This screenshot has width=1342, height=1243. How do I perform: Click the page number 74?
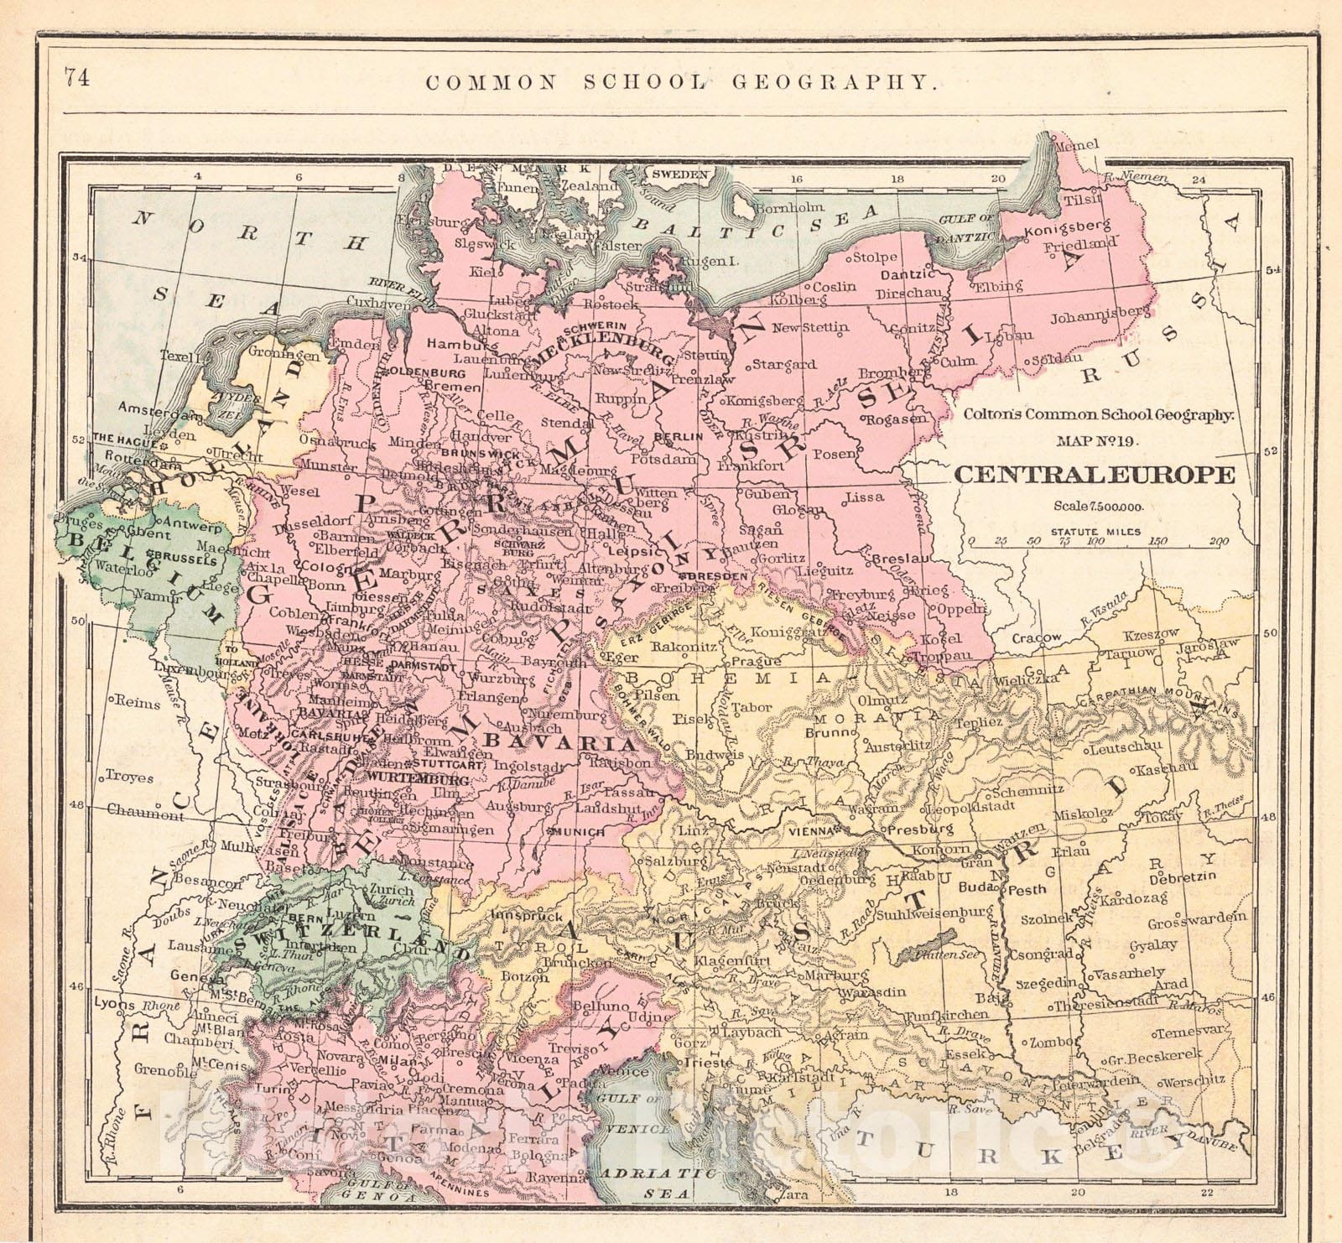(75, 77)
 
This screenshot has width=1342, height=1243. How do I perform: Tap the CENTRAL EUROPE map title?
(1095, 475)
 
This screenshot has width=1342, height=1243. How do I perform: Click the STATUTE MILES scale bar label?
(1095, 532)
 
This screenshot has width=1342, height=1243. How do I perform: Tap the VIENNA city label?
(811, 830)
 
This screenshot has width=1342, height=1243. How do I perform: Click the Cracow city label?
(1037, 638)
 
